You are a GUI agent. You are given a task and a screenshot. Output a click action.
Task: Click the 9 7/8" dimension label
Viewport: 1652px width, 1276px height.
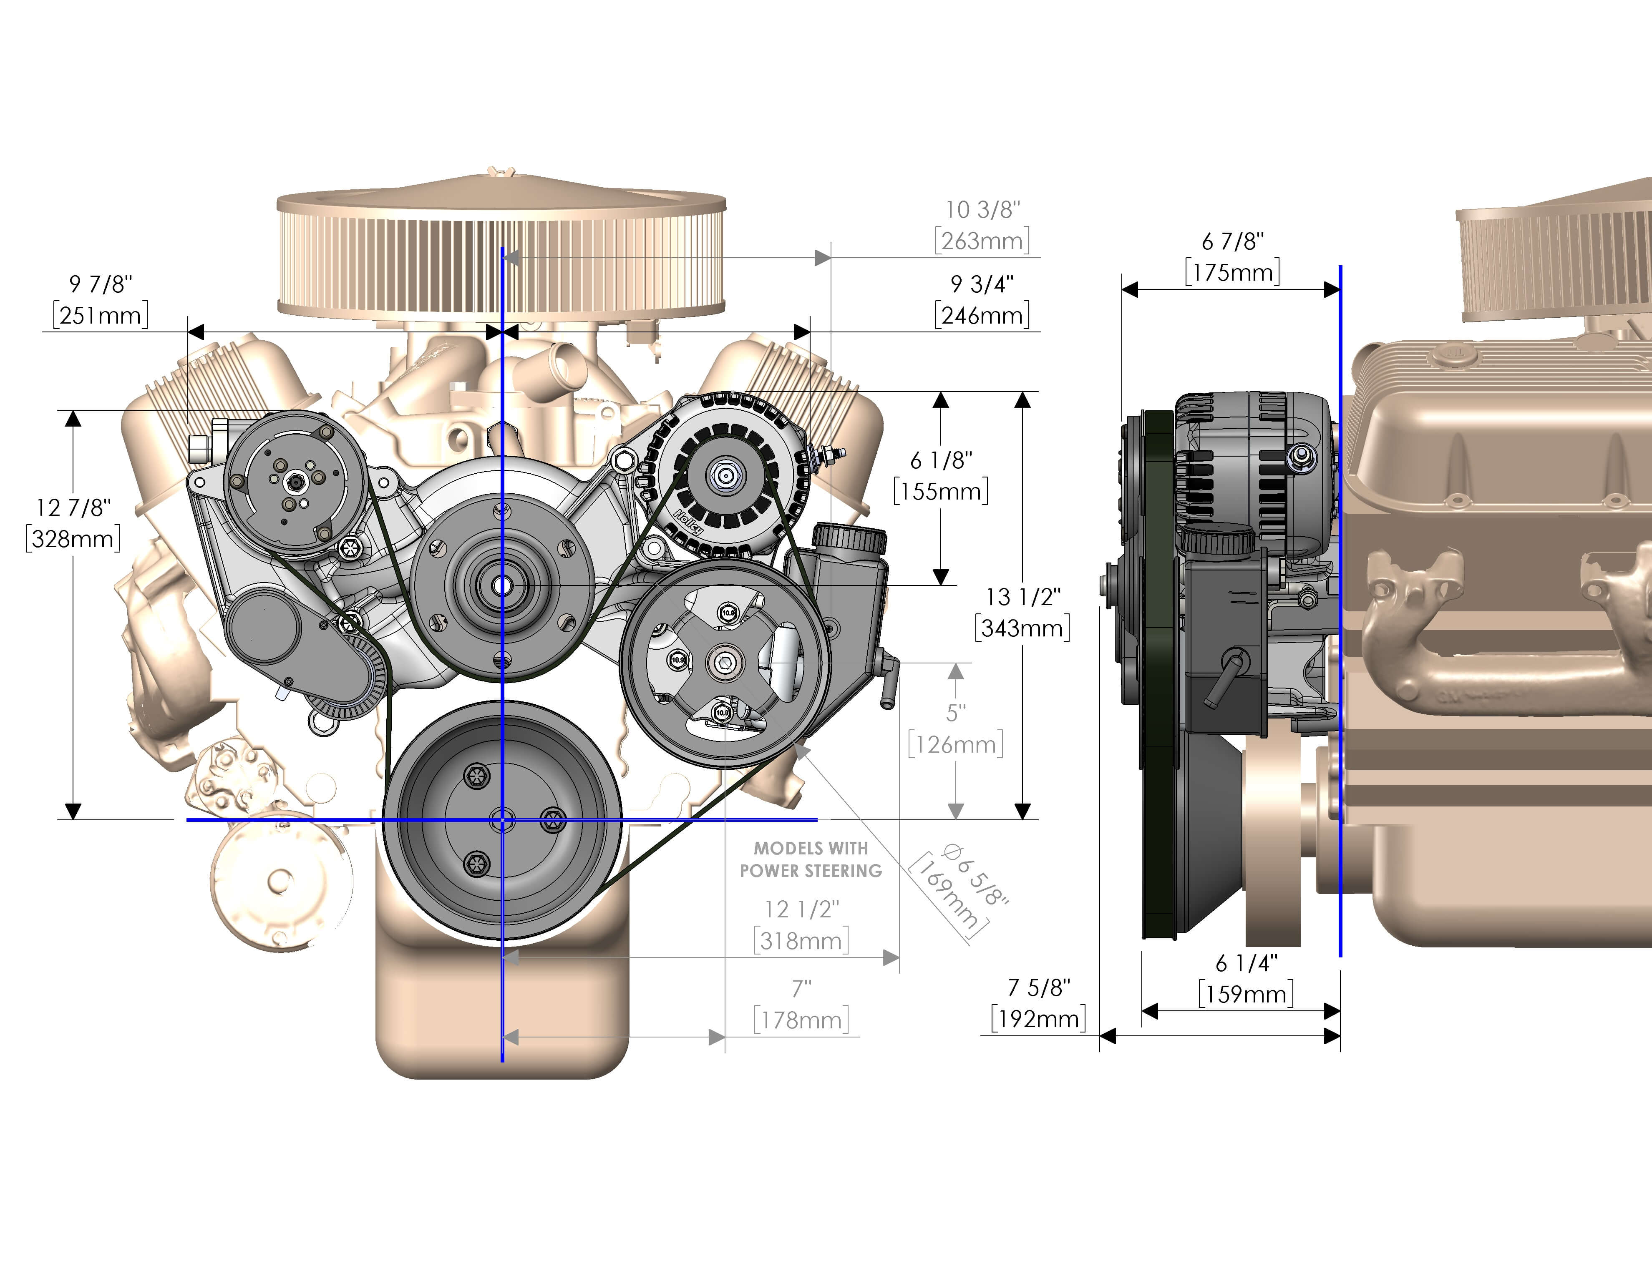100,284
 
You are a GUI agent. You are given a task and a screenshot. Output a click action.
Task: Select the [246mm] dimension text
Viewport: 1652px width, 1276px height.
982,315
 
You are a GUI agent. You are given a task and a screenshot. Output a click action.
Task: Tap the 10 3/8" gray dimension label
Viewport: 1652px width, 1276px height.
982,209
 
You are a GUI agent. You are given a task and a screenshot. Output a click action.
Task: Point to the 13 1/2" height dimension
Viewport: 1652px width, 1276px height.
1022,597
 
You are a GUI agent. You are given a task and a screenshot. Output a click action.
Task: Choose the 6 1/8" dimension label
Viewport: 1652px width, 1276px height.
941,460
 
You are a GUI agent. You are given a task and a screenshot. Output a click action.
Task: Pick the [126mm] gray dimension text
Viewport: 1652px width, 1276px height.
955,745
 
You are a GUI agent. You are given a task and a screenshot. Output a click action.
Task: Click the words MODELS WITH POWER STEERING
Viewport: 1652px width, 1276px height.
811,859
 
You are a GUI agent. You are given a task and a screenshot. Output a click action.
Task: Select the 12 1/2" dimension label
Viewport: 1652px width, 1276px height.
802,909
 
